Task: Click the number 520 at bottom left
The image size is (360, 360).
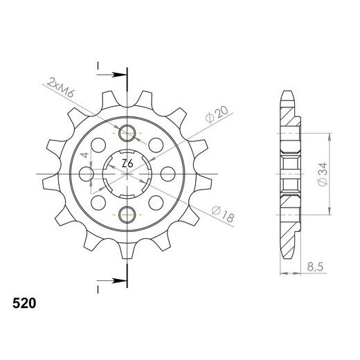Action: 25,303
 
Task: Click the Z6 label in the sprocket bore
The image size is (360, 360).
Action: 127,163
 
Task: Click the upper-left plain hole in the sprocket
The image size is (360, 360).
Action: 99,145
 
